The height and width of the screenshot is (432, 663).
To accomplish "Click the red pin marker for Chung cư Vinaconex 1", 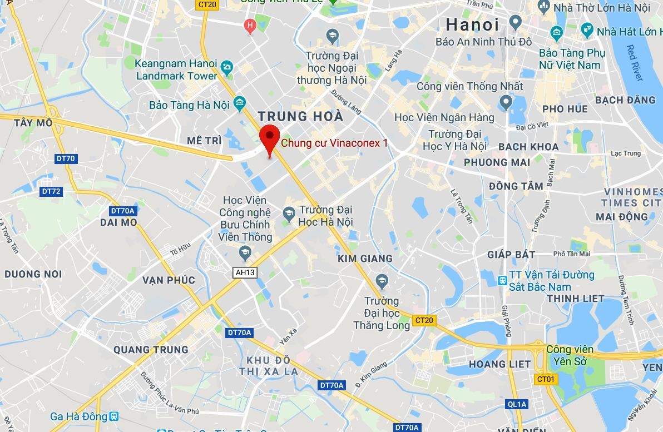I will point(270,137).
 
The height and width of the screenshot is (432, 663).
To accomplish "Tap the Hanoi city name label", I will point(472,24).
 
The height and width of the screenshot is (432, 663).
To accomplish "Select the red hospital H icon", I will point(250,24).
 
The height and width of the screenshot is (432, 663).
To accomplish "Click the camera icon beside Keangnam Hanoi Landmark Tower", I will point(226,68).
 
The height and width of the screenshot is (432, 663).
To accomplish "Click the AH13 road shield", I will point(245,272).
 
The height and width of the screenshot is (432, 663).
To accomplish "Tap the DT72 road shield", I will point(51,191).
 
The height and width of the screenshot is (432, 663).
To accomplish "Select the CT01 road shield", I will point(546,379).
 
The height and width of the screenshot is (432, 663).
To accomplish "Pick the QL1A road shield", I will point(517,404).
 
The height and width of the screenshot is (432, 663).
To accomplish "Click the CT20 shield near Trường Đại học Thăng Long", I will point(424,320).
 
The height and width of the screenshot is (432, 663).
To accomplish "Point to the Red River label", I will point(635,63).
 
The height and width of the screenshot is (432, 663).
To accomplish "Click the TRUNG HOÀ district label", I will point(300,117).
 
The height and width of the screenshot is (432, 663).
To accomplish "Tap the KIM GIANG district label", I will point(365,259).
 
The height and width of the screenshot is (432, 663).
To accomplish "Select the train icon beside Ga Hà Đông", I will point(114,416).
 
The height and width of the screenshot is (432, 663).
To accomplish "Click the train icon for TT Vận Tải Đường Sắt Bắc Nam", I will point(502,281).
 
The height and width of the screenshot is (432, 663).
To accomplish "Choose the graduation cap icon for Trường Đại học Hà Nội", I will point(289,213).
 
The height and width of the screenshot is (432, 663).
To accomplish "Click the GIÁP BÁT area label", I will point(511,255).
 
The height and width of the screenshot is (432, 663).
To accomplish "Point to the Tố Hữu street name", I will point(181,251).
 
